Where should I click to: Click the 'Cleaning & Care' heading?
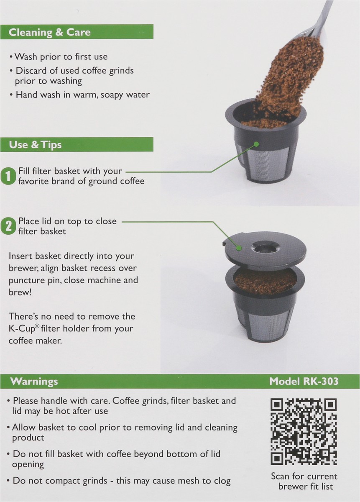coord(49,33)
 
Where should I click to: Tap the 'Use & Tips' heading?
coord(35,145)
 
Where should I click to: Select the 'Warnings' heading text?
coord(34,381)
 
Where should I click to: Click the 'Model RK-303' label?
coord(304,381)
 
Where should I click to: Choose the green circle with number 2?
coord(8,227)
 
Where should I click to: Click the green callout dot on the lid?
coord(239,248)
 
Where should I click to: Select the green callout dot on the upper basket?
coord(256,144)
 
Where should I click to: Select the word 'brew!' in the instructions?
coord(20,292)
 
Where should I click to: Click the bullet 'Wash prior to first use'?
coord(59,57)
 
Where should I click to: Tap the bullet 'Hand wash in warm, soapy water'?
coord(79,95)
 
